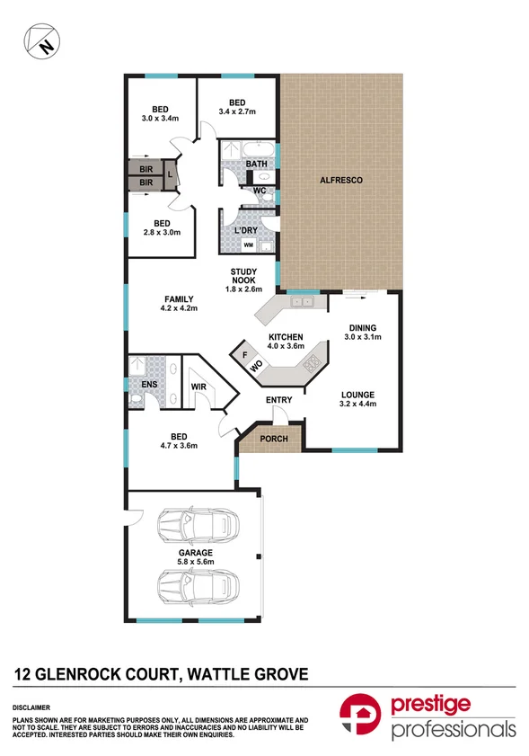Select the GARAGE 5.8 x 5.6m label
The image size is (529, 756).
coord(195,558)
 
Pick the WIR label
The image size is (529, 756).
coord(199,388)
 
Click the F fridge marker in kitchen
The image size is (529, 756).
coord(244,354)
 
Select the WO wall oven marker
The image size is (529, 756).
coord(255,368)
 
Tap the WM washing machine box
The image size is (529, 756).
coord(248,245)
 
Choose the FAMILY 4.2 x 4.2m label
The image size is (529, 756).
coord(180,304)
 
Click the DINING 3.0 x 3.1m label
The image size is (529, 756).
coord(364,333)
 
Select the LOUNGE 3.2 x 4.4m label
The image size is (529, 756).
coord(357,400)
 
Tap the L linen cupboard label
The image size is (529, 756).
coord(170,174)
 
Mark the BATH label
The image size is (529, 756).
coord(257,164)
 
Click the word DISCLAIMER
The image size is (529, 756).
coord(31,707)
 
